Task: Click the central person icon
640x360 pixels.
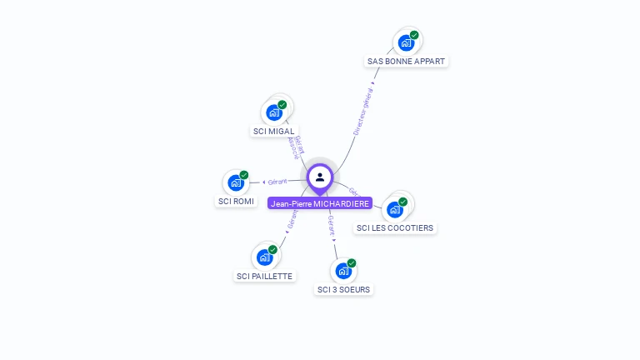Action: coord(320,177)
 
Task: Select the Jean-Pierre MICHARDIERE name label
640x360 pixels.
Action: coord(320,203)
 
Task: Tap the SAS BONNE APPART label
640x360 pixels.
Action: coord(407,62)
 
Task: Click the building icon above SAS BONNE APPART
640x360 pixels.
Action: coord(406,42)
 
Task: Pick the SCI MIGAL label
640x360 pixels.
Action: coord(274,132)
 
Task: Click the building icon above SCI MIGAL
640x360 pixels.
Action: coord(274,112)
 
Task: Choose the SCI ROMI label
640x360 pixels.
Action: coord(236,202)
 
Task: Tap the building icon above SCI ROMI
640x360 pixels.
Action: coord(236,182)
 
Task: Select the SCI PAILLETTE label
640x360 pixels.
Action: coord(265,277)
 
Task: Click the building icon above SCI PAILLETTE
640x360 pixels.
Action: coord(264,257)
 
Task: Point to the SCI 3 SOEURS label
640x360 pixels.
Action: coord(344,290)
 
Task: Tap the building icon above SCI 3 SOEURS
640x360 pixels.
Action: coord(343,271)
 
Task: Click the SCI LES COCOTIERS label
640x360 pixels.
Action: coord(395,228)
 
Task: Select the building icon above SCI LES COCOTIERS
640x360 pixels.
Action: coord(394,209)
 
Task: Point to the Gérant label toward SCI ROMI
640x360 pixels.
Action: coord(277,181)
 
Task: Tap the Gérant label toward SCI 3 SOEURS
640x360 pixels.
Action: coord(331,225)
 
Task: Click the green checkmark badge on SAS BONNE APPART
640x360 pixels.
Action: coord(414,35)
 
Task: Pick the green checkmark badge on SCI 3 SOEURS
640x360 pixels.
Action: coord(352,263)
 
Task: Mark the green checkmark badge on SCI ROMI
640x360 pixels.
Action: coord(244,175)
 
